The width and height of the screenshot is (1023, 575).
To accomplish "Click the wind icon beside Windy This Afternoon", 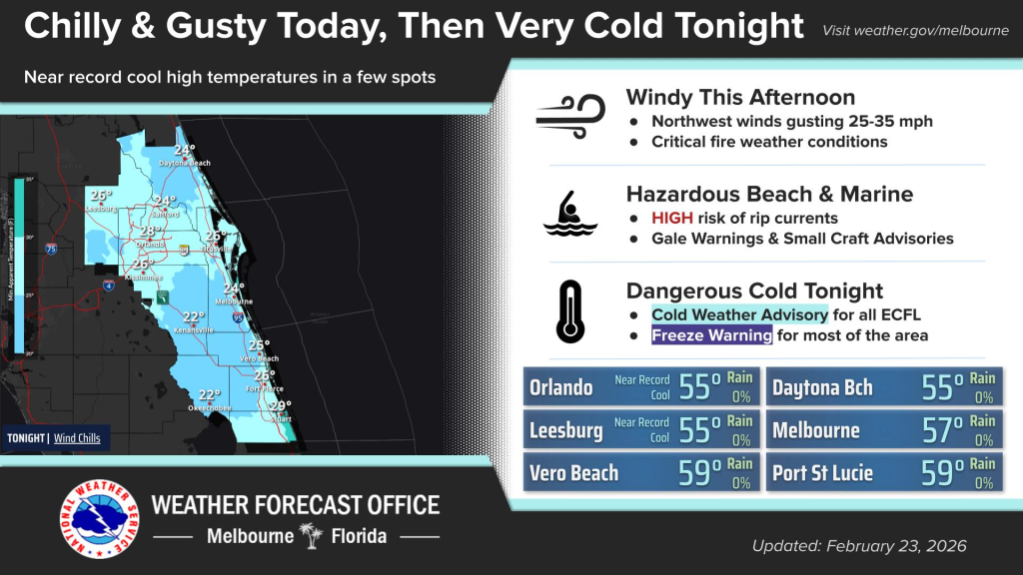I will point(569,112).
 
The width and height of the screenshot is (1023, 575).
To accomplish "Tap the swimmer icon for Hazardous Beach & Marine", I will point(569,213).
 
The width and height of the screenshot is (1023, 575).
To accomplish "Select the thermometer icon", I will point(570,311).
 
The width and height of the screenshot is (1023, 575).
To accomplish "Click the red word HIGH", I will point(673,218).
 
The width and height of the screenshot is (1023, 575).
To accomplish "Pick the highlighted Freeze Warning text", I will point(711,335).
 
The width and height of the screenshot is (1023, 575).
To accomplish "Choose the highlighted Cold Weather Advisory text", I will point(739,314).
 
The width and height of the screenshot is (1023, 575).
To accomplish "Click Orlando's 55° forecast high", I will point(699,388).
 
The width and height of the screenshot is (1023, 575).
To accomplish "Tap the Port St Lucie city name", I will point(822,473).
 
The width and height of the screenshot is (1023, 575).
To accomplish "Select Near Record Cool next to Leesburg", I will point(641,430).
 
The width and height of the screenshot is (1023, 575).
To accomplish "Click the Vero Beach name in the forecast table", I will point(573,473).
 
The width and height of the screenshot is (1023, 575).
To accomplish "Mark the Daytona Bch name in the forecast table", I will point(821,388).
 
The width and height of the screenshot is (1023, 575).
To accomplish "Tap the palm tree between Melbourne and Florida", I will point(314,537).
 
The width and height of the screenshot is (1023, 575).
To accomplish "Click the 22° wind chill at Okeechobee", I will point(209,395).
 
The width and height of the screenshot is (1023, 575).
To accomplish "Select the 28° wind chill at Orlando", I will point(150,232).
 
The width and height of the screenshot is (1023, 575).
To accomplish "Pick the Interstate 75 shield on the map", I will point(50,250).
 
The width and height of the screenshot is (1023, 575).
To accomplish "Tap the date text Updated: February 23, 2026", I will point(859,546).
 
